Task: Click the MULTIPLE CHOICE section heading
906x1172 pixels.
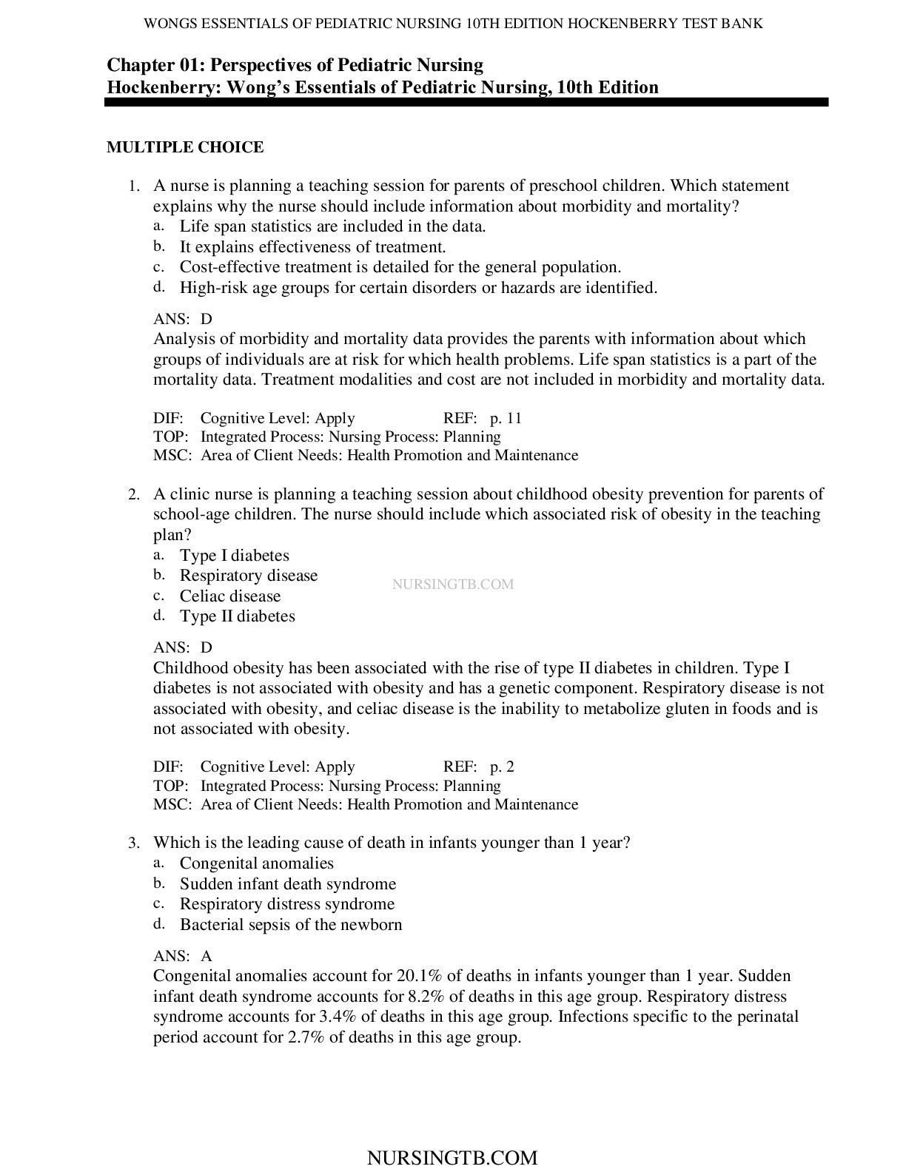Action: coord(185,147)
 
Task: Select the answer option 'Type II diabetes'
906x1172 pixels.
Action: coord(237,616)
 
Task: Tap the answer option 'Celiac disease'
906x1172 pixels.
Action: coord(229,596)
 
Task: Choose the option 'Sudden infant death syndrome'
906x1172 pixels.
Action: coord(287,884)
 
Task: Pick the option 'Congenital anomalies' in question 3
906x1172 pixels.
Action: coord(256,863)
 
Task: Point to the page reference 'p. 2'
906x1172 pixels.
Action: coord(502,767)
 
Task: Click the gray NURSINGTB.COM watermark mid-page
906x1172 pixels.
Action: coord(452,585)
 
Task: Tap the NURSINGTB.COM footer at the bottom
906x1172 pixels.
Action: coord(452,1158)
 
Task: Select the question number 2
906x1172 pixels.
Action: coord(134,494)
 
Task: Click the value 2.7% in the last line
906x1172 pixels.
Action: coord(306,1037)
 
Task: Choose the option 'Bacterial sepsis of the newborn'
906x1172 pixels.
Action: coord(290,925)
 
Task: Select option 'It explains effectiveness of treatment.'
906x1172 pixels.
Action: coord(312,247)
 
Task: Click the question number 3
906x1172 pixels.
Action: coord(134,843)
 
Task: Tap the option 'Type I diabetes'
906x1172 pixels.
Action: coord(234,556)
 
